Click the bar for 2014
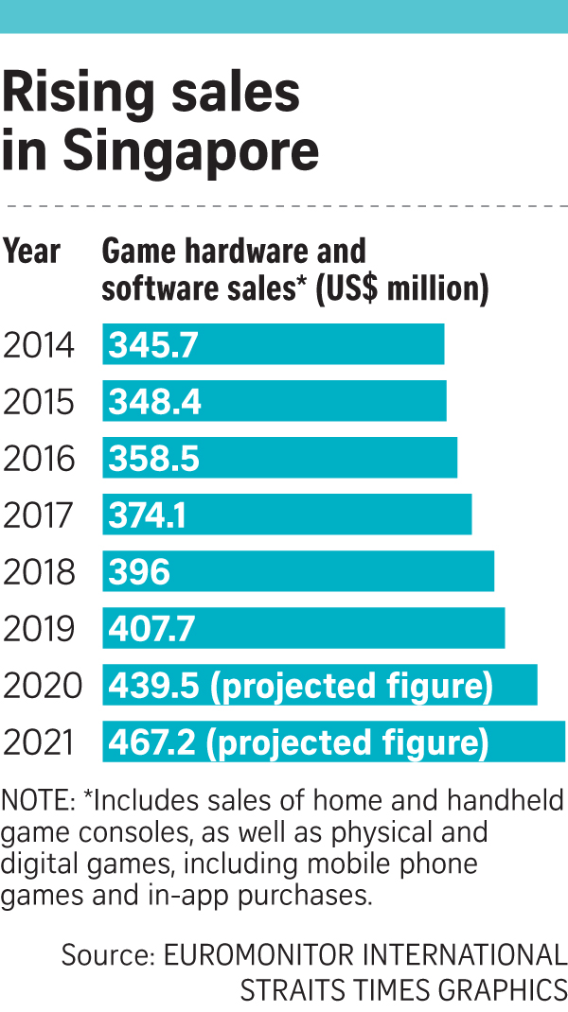(274, 344)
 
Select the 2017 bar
(287, 515)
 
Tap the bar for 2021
(333, 742)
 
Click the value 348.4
(155, 402)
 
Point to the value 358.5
(154, 459)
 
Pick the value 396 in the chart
(140, 572)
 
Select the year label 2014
(39, 345)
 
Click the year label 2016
(39, 459)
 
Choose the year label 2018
(39, 572)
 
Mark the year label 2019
(39, 629)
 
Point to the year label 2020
(43, 686)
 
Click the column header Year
(32, 253)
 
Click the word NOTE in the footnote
(35, 803)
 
